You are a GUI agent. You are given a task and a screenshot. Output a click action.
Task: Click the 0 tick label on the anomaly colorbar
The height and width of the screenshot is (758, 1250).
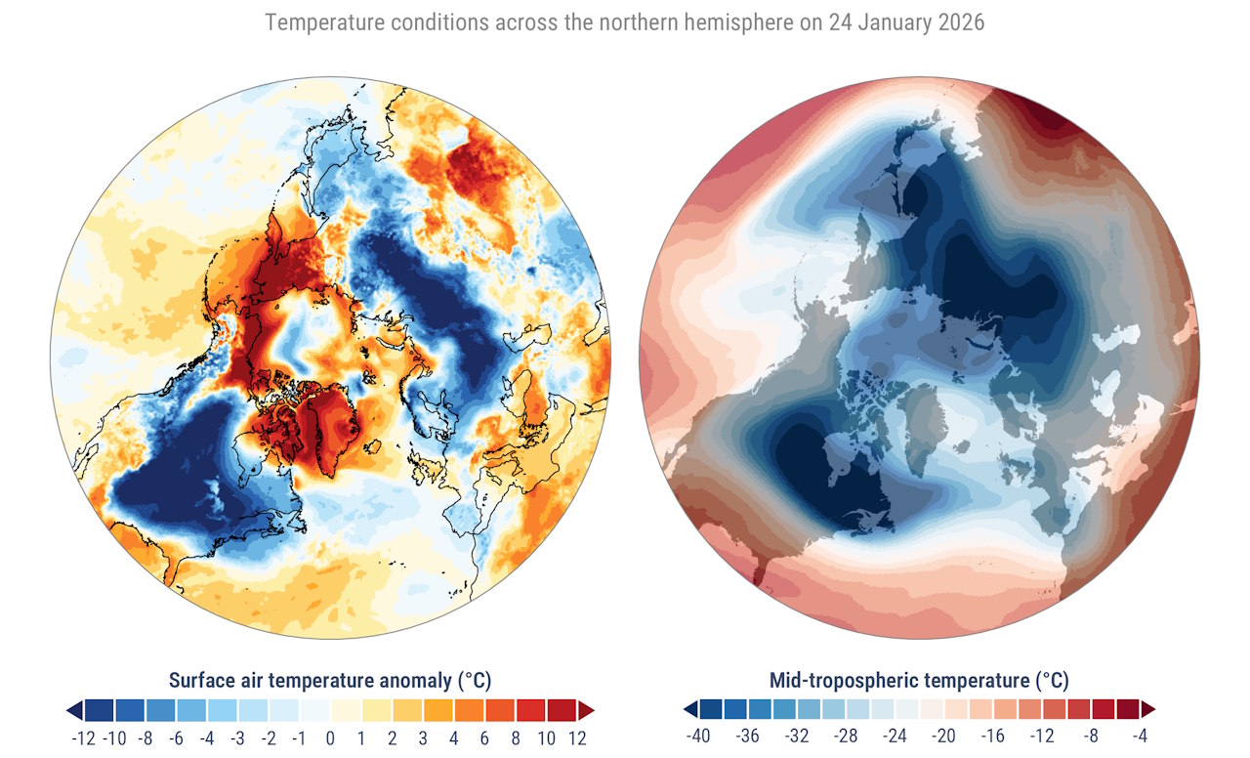(330, 737)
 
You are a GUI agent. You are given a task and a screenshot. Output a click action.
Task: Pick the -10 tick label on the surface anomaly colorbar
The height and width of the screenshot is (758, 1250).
(114, 737)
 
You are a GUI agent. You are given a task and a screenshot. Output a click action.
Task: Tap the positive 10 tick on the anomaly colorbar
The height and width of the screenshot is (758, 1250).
(546, 737)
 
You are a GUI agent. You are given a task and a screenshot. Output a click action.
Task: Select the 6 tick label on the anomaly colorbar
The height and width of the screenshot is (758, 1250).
(484, 737)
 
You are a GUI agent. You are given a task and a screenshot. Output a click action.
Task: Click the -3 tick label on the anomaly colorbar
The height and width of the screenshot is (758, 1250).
(237, 737)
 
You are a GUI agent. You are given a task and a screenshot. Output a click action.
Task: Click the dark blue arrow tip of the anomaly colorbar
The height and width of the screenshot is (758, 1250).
(74, 710)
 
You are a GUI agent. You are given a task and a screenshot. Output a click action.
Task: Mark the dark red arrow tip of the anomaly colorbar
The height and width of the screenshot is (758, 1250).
(586, 710)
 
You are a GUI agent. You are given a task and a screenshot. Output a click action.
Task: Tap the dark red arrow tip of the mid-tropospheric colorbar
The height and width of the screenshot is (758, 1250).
(1148, 708)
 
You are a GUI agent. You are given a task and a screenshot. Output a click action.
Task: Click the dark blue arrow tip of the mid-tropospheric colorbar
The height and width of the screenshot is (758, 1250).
(690, 708)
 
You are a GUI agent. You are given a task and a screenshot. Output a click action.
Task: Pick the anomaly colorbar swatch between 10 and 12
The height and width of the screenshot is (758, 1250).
(562, 710)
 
